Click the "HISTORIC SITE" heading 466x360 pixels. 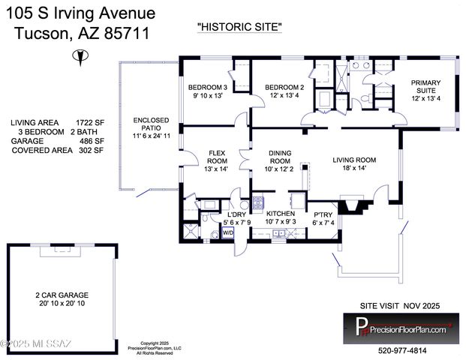[x=239, y=27]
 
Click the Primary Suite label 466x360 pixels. [x=425, y=87]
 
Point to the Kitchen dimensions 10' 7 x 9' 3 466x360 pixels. [x=281, y=222]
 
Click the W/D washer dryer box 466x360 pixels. [x=227, y=233]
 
